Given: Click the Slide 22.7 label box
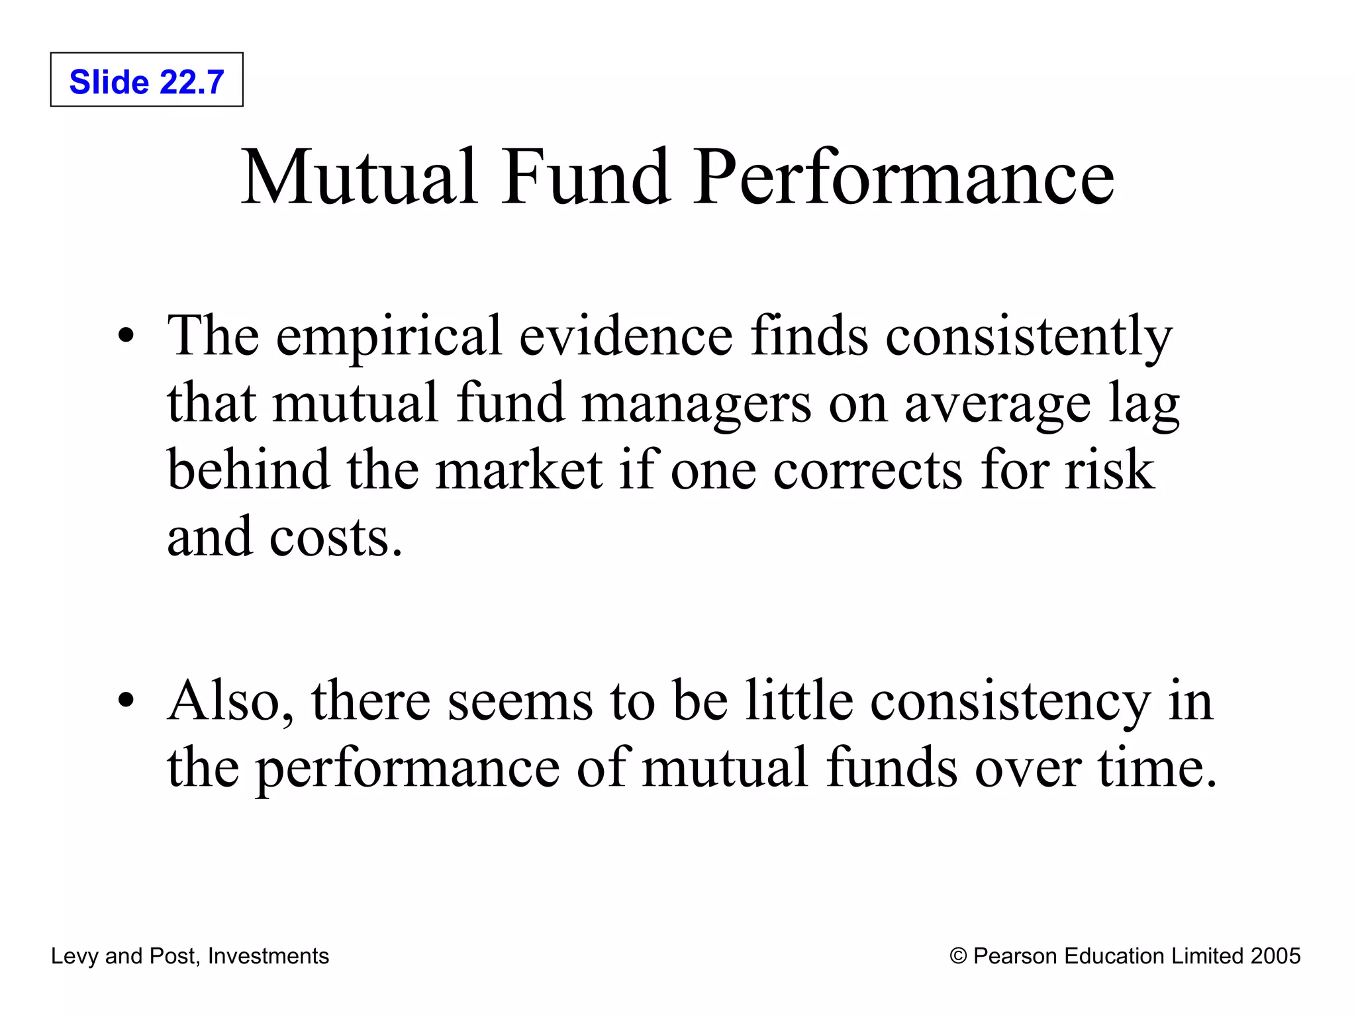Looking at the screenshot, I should pos(146,80).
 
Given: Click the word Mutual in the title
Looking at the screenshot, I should pos(358,177).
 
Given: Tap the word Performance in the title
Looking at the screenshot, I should pos(904,177).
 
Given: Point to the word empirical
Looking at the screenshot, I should pos(389,336).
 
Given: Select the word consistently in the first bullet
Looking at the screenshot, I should pos(1028,336).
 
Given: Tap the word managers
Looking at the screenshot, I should pos(696,404).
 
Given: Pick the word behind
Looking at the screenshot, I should pos(248,469).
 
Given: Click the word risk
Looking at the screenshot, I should pos(1110,469).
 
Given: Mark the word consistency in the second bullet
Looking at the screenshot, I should pos(1010,701).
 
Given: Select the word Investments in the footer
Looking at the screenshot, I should pos(268,956).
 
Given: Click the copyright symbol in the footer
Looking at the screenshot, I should pos(958,956).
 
